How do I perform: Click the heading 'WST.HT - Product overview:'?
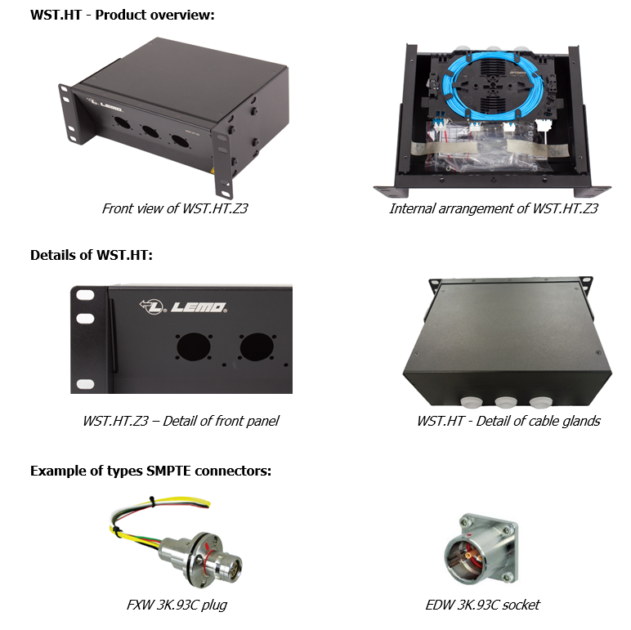(x=122, y=15)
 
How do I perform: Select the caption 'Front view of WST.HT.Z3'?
(x=175, y=208)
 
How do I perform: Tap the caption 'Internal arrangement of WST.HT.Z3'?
(x=494, y=208)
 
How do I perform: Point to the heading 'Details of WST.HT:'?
(x=92, y=255)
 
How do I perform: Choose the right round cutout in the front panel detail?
(x=255, y=347)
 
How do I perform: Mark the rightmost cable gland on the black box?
(x=541, y=401)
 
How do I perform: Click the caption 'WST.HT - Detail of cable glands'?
(x=508, y=421)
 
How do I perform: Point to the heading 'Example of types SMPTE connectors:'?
(x=150, y=471)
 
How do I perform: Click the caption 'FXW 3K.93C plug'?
(x=175, y=605)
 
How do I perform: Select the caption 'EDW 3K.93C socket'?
(x=482, y=605)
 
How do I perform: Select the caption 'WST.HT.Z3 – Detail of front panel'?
(x=181, y=421)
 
